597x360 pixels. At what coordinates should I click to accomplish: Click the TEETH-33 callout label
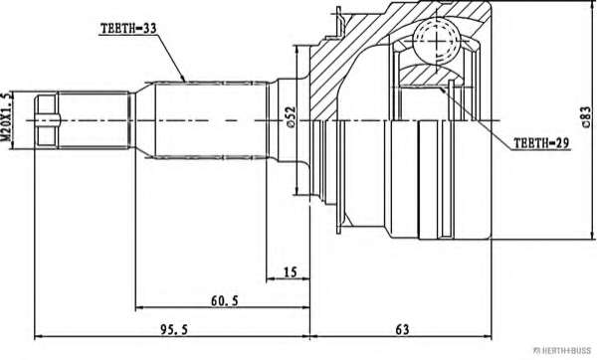pyautogui.click(x=128, y=28)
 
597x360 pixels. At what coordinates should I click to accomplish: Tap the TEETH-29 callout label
pyautogui.click(x=541, y=143)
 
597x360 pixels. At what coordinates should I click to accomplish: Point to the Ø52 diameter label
pyautogui.click(x=291, y=116)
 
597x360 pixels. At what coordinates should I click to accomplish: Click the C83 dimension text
pyautogui.click(x=586, y=116)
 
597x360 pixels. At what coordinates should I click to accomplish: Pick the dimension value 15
pyautogui.click(x=291, y=272)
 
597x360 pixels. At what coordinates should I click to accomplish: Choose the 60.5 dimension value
pyautogui.click(x=225, y=300)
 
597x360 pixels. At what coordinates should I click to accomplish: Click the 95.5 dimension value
pyautogui.click(x=173, y=329)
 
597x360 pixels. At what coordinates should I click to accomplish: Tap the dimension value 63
pyautogui.click(x=402, y=329)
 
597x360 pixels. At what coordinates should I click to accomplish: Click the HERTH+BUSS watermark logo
pyautogui.click(x=562, y=350)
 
